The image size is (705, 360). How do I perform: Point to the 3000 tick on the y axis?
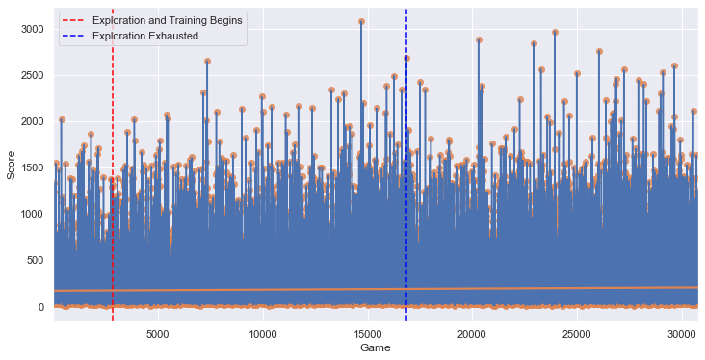33,30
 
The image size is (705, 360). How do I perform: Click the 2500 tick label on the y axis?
33,76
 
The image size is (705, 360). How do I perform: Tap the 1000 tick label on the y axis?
33,215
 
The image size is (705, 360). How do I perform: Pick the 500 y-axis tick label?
35,261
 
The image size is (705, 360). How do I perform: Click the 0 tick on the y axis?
41,307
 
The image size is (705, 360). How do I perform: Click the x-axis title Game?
375,347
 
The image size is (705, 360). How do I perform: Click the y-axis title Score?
11,165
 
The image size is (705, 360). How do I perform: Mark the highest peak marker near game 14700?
361,21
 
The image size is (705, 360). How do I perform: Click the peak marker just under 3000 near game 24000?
556,33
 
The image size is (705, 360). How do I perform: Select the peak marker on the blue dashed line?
406,58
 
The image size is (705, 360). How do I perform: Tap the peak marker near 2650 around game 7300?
207,62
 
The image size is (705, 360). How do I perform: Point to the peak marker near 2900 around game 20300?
479,40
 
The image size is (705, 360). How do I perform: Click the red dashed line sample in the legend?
74,21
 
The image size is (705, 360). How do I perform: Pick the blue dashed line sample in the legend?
74,37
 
